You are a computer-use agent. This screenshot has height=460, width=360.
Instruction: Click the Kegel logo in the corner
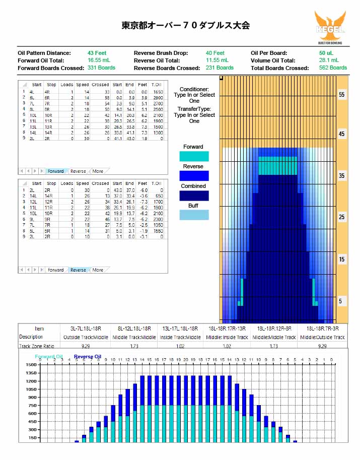tap(330, 28)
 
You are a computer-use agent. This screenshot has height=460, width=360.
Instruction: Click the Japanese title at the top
tap(186, 25)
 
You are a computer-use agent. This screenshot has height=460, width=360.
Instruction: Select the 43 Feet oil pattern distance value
tap(97, 53)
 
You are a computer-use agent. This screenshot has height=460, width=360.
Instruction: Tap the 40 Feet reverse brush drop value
tap(215, 53)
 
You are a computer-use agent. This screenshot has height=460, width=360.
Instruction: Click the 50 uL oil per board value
tap(326, 53)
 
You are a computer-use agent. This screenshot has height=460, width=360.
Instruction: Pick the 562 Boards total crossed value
tap(334, 68)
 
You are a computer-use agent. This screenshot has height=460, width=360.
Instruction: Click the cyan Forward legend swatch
tap(194, 156)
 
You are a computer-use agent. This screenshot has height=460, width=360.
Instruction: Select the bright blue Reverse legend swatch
tap(194, 176)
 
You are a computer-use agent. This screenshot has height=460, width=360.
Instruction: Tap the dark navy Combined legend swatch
tap(194, 195)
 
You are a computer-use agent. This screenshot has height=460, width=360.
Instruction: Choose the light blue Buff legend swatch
tap(194, 215)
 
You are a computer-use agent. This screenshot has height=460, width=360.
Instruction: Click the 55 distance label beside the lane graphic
tap(342, 95)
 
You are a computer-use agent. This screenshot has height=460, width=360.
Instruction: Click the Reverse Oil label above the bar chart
tap(88, 357)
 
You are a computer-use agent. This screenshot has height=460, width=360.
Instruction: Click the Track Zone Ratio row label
tap(36, 346)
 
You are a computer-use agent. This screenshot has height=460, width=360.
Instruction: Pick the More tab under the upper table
tap(98, 171)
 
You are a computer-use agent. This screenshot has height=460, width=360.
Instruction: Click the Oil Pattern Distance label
tap(44, 53)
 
